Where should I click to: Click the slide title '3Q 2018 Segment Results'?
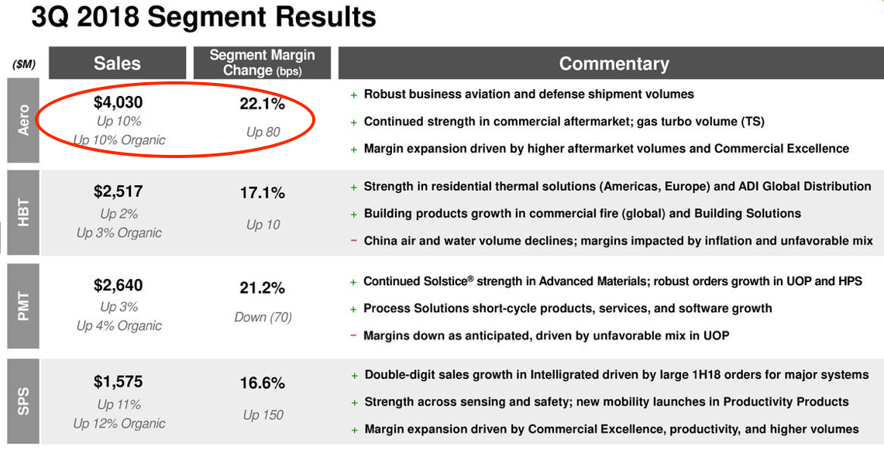pyautogui.click(x=204, y=17)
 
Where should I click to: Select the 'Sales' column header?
pyautogui.click(x=117, y=64)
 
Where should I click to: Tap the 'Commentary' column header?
pyautogui.click(x=614, y=64)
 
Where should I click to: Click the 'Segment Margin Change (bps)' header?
pyautogui.click(x=262, y=63)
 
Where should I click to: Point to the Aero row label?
pyautogui.click(x=23, y=121)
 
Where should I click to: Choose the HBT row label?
pyautogui.click(x=23, y=214)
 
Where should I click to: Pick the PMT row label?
pyautogui.click(x=23, y=307)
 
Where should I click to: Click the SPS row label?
pyautogui.click(x=23, y=401)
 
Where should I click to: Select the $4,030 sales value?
pyautogui.click(x=118, y=102)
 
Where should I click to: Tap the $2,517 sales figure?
pyautogui.click(x=118, y=191)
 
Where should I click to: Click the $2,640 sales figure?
pyautogui.click(x=118, y=286)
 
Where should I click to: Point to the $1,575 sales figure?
pyautogui.click(x=118, y=382)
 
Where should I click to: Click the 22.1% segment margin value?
pyautogui.click(x=262, y=104)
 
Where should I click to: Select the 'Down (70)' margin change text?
pyautogui.click(x=262, y=317)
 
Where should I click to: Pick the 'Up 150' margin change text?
pyautogui.click(x=263, y=415)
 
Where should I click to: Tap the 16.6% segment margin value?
pyautogui.click(x=262, y=383)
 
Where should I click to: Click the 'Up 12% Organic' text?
pyautogui.click(x=119, y=424)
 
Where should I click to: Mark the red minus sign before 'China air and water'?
pyautogui.click(x=354, y=241)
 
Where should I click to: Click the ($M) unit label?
pyautogui.click(x=24, y=64)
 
